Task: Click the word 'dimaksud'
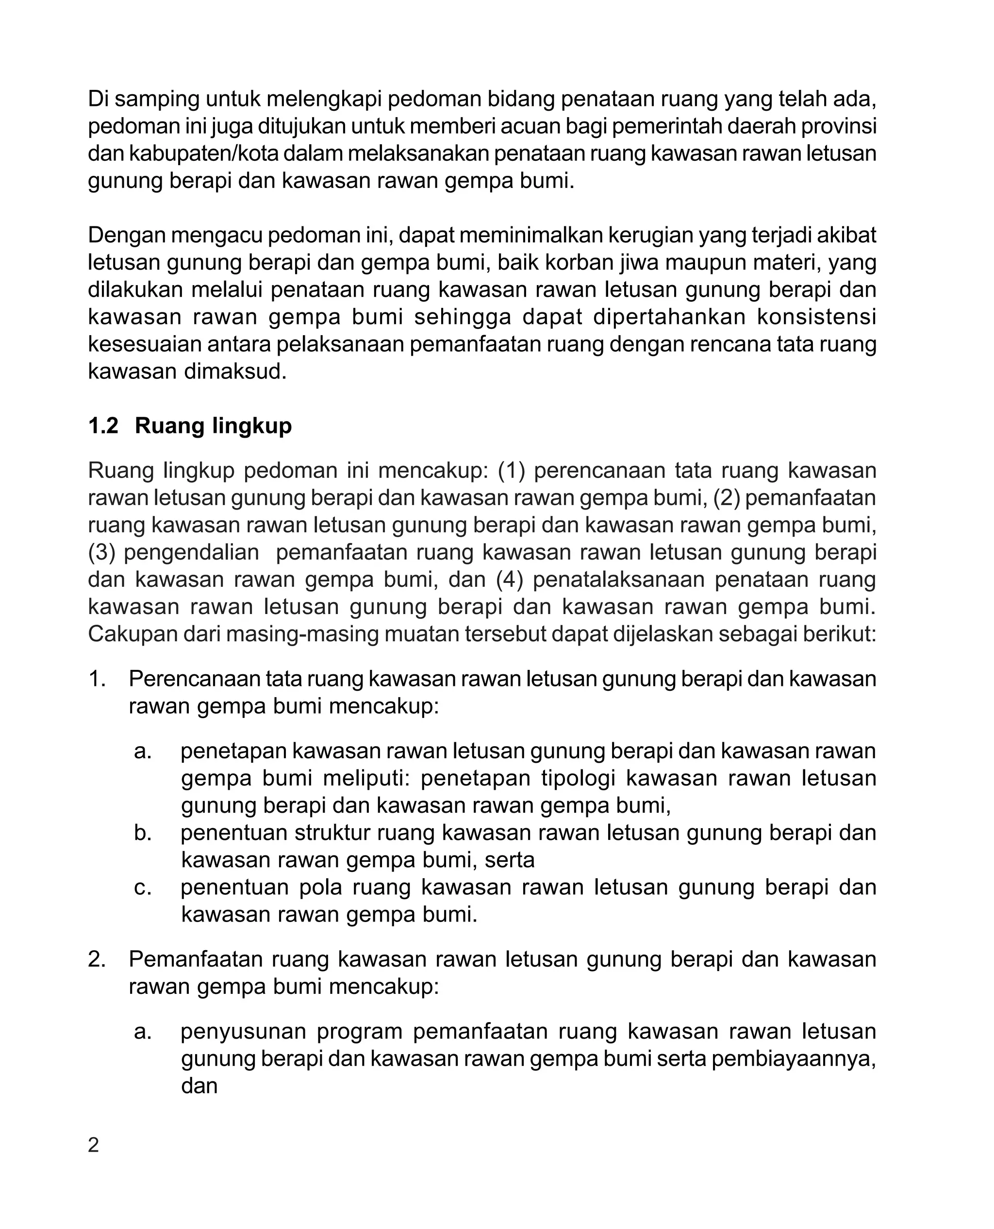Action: click(235, 371)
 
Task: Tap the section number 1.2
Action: click(103, 426)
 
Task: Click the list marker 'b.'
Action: click(143, 833)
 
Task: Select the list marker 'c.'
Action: click(143, 887)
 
